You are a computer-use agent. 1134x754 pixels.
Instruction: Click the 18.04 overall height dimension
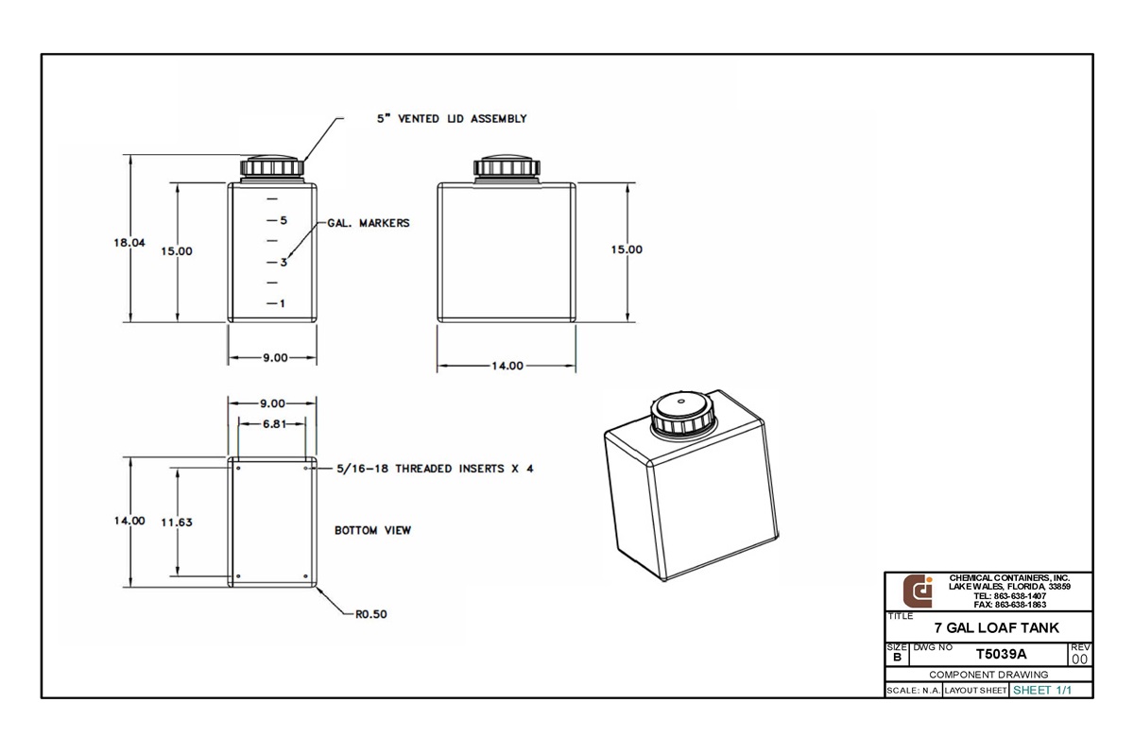click(x=129, y=243)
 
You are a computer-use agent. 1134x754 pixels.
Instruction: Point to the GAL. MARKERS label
click(x=369, y=224)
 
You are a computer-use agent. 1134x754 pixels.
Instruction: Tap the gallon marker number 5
click(x=283, y=220)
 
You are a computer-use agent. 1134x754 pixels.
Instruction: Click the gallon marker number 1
click(x=283, y=303)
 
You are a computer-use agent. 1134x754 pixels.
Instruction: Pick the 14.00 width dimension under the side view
click(x=507, y=366)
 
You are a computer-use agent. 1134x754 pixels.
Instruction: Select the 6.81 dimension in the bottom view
click(x=273, y=424)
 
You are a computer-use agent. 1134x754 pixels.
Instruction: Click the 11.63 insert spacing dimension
click(x=177, y=522)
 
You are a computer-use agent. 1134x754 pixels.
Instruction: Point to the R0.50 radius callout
click(x=370, y=614)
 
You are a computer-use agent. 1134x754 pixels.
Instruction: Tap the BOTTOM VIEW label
click(x=372, y=531)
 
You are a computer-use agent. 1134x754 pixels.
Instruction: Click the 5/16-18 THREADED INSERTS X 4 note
click(x=435, y=469)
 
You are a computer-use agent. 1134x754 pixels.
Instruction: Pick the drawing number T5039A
click(x=1001, y=654)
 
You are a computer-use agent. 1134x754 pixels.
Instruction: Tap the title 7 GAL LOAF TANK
click(x=996, y=627)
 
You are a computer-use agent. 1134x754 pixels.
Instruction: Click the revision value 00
click(x=1079, y=659)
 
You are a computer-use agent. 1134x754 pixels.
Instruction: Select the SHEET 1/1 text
click(x=1042, y=690)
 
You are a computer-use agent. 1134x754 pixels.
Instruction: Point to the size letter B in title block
click(x=896, y=657)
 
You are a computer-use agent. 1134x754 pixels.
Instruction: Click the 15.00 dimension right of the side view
click(x=626, y=250)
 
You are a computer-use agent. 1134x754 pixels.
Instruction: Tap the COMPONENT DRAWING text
click(x=988, y=675)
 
